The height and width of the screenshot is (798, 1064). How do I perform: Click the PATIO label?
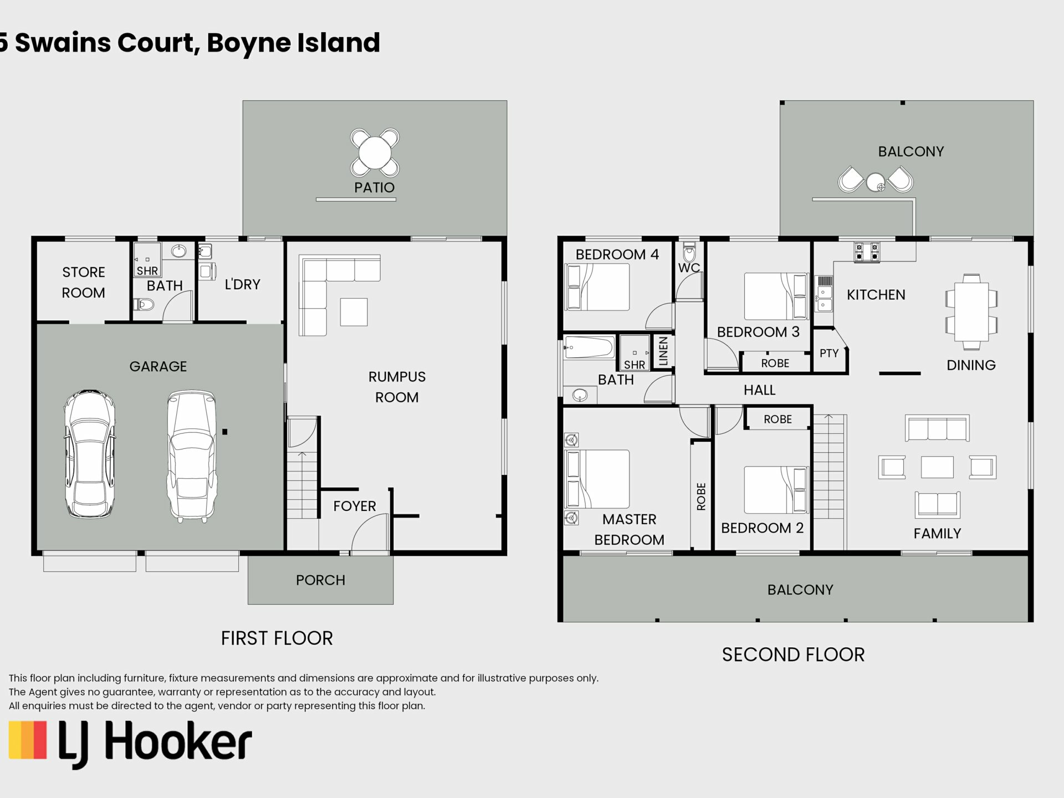click(x=375, y=187)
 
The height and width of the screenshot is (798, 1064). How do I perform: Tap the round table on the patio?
click(x=375, y=152)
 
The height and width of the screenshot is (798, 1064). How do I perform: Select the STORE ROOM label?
click(x=83, y=282)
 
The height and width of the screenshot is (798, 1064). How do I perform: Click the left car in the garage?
click(x=90, y=454)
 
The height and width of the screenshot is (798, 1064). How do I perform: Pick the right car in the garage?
click(x=192, y=456)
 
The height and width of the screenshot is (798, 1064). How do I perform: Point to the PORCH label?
click(x=320, y=580)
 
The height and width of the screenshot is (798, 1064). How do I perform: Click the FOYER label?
click(x=355, y=506)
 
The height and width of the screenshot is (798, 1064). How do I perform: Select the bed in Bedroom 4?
click(x=597, y=287)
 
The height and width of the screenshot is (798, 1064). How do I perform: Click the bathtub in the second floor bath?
click(x=589, y=347)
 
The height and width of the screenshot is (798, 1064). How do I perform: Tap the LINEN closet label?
click(x=663, y=351)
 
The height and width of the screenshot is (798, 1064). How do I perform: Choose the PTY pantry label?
click(x=829, y=353)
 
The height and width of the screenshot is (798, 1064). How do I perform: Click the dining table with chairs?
click(x=971, y=311)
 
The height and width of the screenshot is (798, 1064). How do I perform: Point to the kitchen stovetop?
click(x=867, y=251)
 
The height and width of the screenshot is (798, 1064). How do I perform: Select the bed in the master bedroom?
click(x=597, y=479)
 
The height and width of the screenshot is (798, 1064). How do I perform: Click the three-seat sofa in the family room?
click(x=937, y=428)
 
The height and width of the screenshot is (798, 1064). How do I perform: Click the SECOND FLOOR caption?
click(x=793, y=654)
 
